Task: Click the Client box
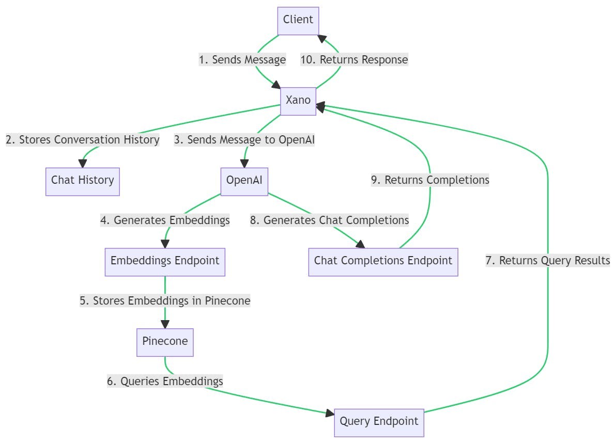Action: pos(298,20)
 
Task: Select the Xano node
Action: pos(298,101)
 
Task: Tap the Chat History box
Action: pos(83,181)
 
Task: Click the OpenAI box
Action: pos(244,181)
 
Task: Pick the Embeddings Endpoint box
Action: pos(165,261)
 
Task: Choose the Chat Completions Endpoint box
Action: pos(383,261)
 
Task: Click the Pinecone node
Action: pos(165,342)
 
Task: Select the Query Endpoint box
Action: pos(379,422)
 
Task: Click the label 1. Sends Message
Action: pos(242,60)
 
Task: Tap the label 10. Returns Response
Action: pos(355,60)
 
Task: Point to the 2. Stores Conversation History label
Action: pos(83,140)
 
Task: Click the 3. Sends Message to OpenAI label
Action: pos(244,140)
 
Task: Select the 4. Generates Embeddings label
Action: pos(165,220)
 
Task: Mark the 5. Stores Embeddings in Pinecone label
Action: pos(165,301)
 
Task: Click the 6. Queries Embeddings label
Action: pos(165,382)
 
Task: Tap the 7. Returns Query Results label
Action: pos(548,261)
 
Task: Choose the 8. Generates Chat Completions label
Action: pos(330,220)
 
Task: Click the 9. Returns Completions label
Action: pos(430,180)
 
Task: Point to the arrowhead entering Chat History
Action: pos(83,163)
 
